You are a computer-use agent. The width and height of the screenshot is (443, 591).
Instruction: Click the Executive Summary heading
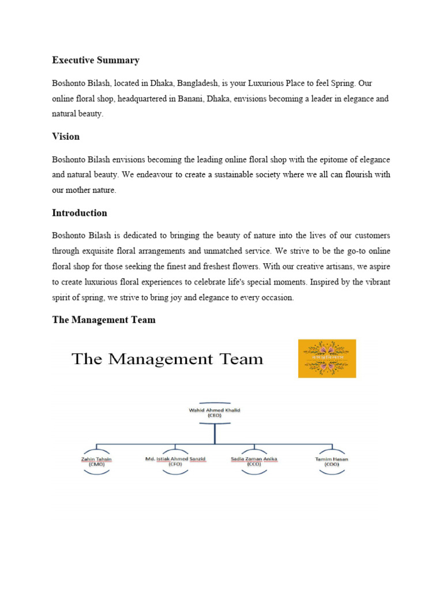(x=96, y=60)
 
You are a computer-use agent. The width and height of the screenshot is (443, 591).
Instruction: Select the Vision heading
(x=66, y=137)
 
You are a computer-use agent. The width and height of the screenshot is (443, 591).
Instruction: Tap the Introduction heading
(x=80, y=213)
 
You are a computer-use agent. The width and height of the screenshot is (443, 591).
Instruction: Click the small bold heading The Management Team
(x=104, y=320)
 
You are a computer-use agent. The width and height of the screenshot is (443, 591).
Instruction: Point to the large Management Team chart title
(x=167, y=360)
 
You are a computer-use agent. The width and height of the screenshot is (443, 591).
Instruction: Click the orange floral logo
(x=327, y=358)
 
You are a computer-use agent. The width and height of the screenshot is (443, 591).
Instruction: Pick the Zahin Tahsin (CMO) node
(x=96, y=461)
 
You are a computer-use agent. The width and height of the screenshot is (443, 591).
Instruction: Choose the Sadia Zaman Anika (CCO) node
(x=254, y=461)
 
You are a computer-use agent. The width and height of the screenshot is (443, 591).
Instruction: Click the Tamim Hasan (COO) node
(x=332, y=461)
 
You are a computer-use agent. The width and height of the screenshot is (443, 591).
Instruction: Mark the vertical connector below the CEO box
(x=214, y=433)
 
